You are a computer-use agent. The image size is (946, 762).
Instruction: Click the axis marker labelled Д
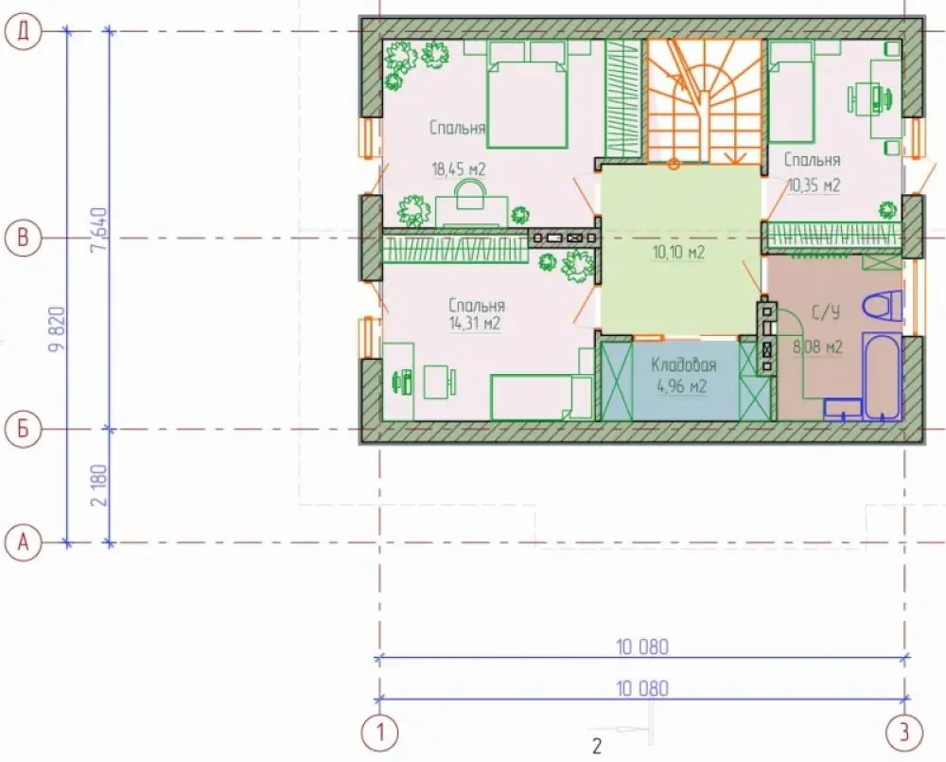pyautogui.click(x=23, y=31)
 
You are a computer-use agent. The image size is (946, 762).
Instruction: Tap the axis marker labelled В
pyautogui.click(x=23, y=238)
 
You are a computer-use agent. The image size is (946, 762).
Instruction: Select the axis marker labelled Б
pyautogui.click(x=23, y=430)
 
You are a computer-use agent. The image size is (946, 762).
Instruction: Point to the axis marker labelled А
pyautogui.click(x=23, y=542)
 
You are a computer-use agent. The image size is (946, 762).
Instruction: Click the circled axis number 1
pyautogui.click(x=379, y=733)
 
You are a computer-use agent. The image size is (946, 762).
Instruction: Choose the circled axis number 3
pyautogui.click(x=904, y=733)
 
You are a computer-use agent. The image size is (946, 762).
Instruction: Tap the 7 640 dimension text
pyautogui.click(x=99, y=230)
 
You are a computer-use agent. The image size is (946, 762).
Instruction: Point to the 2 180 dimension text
pyautogui.click(x=99, y=486)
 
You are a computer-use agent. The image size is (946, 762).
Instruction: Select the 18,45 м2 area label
pyautogui.click(x=459, y=169)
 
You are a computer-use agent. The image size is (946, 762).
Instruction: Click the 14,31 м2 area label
pyautogui.click(x=474, y=324)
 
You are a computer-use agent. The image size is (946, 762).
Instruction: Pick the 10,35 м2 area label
pyautogui.click(x=814, y=186)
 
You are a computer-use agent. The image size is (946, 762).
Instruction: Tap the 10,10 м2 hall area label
pyautogui.click(x=678, y=252)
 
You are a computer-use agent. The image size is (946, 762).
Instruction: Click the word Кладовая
pyautogui.click(x=684, y=365)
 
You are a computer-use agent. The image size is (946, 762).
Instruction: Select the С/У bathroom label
pyautogui.click(x=825, y=312)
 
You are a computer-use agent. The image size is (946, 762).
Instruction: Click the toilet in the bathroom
pyautogui.click(x=883, y=306)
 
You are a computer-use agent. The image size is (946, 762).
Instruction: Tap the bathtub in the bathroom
pyautogui.click(x=882, y=375)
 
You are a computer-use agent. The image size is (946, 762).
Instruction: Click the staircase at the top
pyautogui.click(x=704, y=101)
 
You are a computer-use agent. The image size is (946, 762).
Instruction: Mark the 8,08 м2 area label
pyautogui.click(x=817, y=347)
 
